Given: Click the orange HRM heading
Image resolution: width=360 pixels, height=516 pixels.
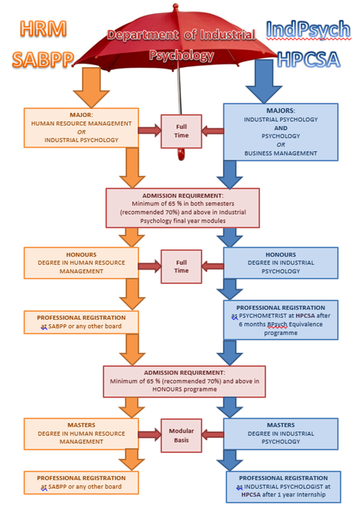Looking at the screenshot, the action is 43,29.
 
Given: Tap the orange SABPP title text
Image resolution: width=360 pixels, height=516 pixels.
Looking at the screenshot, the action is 43,60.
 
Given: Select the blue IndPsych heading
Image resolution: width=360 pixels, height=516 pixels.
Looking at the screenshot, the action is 308,30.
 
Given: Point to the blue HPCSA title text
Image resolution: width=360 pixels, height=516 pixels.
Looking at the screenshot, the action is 309,60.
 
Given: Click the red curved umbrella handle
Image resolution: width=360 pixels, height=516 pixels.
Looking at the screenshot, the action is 181,154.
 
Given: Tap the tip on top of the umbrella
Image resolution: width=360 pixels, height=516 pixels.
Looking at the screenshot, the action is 175,6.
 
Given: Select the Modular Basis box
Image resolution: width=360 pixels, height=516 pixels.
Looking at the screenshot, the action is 181,435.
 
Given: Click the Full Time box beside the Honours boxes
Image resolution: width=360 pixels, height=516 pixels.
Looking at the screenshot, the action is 181,267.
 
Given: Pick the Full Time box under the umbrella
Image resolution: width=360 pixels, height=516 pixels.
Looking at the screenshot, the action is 181,131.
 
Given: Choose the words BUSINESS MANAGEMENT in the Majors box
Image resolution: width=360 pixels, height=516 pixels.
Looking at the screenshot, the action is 281,153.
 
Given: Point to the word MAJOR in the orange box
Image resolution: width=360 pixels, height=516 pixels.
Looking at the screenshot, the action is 80,115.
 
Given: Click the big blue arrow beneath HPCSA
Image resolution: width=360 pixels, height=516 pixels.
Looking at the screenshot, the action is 264,81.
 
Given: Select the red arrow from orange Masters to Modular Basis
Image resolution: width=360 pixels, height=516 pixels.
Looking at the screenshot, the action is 150,435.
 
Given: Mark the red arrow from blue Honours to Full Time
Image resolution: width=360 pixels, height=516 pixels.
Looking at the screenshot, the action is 213,266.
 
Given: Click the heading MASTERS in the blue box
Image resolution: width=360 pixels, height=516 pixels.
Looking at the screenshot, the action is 281,425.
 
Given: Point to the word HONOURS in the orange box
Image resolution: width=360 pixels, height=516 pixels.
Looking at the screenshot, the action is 81,255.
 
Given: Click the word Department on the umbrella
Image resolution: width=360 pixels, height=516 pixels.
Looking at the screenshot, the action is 143,35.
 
